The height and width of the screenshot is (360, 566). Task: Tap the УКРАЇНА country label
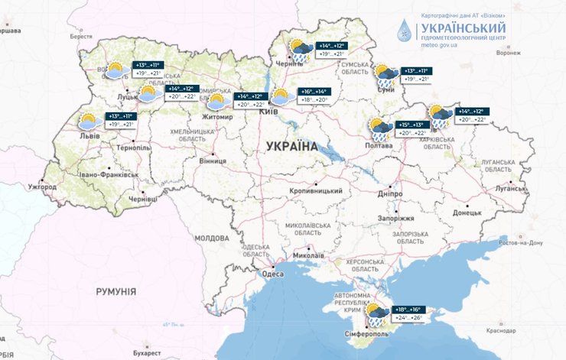[292, 145]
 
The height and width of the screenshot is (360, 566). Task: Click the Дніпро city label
[389, 193]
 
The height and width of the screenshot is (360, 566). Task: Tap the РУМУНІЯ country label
[115, 291]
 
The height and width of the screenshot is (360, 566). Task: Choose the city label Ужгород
[42, 186]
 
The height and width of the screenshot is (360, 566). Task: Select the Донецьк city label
[467, 212]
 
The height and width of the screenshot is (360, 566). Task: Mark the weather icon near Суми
[385, 74]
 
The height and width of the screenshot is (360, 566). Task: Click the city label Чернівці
[142, 199]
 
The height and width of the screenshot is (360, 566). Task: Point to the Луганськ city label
[509, 186]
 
